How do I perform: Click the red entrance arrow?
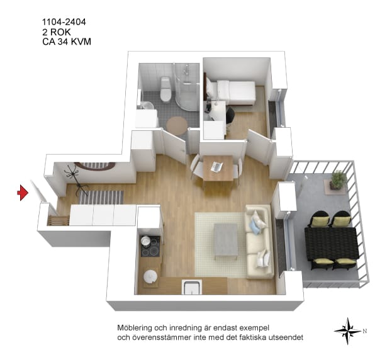click(23, 193)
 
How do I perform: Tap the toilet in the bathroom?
click(165, 89)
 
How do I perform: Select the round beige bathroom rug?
click(177, 125)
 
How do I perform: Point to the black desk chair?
click(230, 116)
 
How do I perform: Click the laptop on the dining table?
click(216, 167)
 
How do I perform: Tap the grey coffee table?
click(226, 241)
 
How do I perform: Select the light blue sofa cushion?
click(255, 227)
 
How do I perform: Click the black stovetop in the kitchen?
click(150, 246)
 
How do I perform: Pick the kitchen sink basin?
click(192, 287)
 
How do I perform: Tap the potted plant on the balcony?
click(338, 180)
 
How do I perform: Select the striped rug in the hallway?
click(101, 197)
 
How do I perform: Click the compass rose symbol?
click(348, 331)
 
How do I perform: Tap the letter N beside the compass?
click(364, 331)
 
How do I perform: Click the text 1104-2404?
click(64, 22)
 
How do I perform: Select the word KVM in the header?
click(81, 42)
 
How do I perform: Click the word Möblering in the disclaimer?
click(135, 328)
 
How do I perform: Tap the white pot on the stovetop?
click(145, 241)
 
